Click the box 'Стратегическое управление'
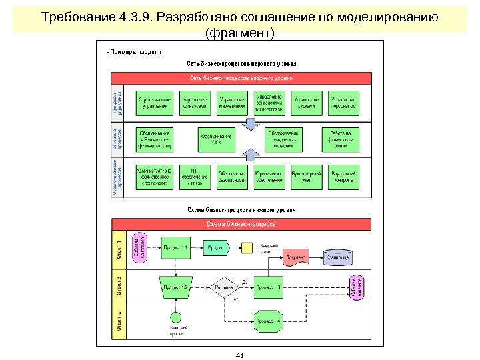155,103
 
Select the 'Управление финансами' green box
194,103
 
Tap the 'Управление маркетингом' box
232,103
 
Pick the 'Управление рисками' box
306,103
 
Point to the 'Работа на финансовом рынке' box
343,139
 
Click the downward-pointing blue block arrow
250,124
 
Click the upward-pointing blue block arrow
250,155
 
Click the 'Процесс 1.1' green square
175,249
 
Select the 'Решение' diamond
225,287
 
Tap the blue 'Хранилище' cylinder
337,257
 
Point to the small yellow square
247,248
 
